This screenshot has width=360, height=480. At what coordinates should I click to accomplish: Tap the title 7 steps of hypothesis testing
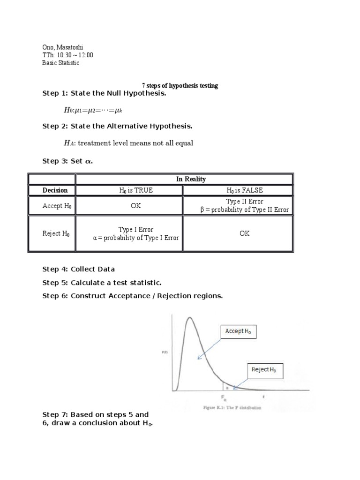click(x=180, y=86)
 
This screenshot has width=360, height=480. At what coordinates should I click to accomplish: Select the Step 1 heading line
click(x=104, y=94)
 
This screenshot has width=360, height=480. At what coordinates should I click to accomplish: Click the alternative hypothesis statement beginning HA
click(x=128, y=143)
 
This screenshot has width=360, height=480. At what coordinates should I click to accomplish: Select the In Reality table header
click(x=184, y=179)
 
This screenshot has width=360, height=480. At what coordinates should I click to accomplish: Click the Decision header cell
click(x=55, y=190)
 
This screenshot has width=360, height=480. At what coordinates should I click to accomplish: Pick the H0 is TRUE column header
click(x=135, y=190)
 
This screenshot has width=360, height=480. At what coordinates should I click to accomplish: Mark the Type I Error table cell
click(x=136, y=233)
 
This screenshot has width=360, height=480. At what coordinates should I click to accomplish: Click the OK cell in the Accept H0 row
click(x=135, y=206)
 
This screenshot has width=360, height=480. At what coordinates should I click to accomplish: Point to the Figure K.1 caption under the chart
click(x=232, y=407)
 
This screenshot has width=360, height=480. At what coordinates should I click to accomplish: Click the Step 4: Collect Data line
click(x=79, y=269)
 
